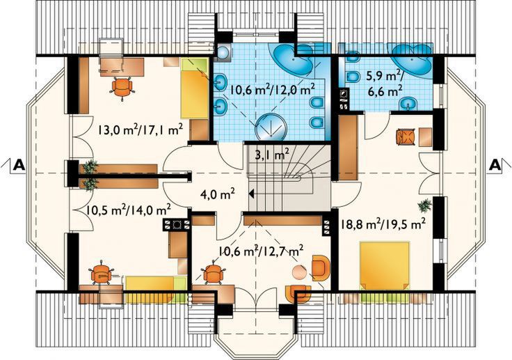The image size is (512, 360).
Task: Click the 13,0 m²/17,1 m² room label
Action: coord(139,130)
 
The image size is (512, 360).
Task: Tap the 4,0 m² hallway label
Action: coord(218,195)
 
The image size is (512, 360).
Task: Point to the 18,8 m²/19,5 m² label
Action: coord(383,224)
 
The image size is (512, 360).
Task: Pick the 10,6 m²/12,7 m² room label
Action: coord(262,252)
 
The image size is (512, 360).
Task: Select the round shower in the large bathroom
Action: coord(271,127)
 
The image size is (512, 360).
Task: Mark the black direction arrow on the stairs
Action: coord(251,194)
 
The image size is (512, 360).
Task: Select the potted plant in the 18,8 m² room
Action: coord(425,205)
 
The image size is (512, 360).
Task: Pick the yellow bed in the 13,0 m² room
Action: coord(195,88)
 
